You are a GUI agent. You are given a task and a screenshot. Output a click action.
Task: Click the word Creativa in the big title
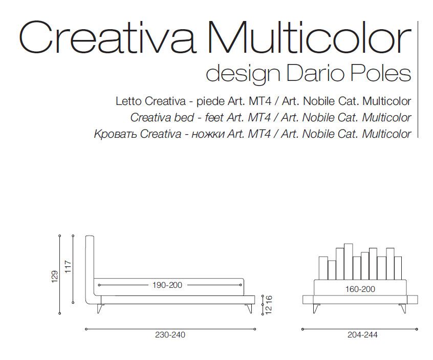click(x=107, y=37)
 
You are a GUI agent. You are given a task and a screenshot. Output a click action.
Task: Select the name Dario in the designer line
click(x=315, y=74)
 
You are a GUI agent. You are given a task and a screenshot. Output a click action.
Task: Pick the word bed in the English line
click(x=184, y=117)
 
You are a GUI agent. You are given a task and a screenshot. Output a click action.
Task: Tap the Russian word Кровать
click(x=116, y=134)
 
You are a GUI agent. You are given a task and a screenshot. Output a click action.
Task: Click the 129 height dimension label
click(x=55, y=277)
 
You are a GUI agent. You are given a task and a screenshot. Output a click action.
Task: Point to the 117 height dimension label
click(x=68, y=267)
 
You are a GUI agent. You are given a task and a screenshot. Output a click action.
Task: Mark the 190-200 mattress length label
click(x=167, y=285)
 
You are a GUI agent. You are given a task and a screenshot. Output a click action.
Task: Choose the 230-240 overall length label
click(x=170, y=335)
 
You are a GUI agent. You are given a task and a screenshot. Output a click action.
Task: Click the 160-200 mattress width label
click(x=360, y=289)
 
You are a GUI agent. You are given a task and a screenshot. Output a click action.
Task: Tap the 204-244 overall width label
click(x=362, y=335)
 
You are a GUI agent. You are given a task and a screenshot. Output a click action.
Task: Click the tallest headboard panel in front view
click(x=348, y=262)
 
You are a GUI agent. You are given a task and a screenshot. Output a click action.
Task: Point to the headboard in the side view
click(x=90, y=269)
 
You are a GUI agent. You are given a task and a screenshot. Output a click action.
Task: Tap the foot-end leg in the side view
click(x=249, y=309)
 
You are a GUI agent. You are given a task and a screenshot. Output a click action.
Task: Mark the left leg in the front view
click(x=316, y=308)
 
